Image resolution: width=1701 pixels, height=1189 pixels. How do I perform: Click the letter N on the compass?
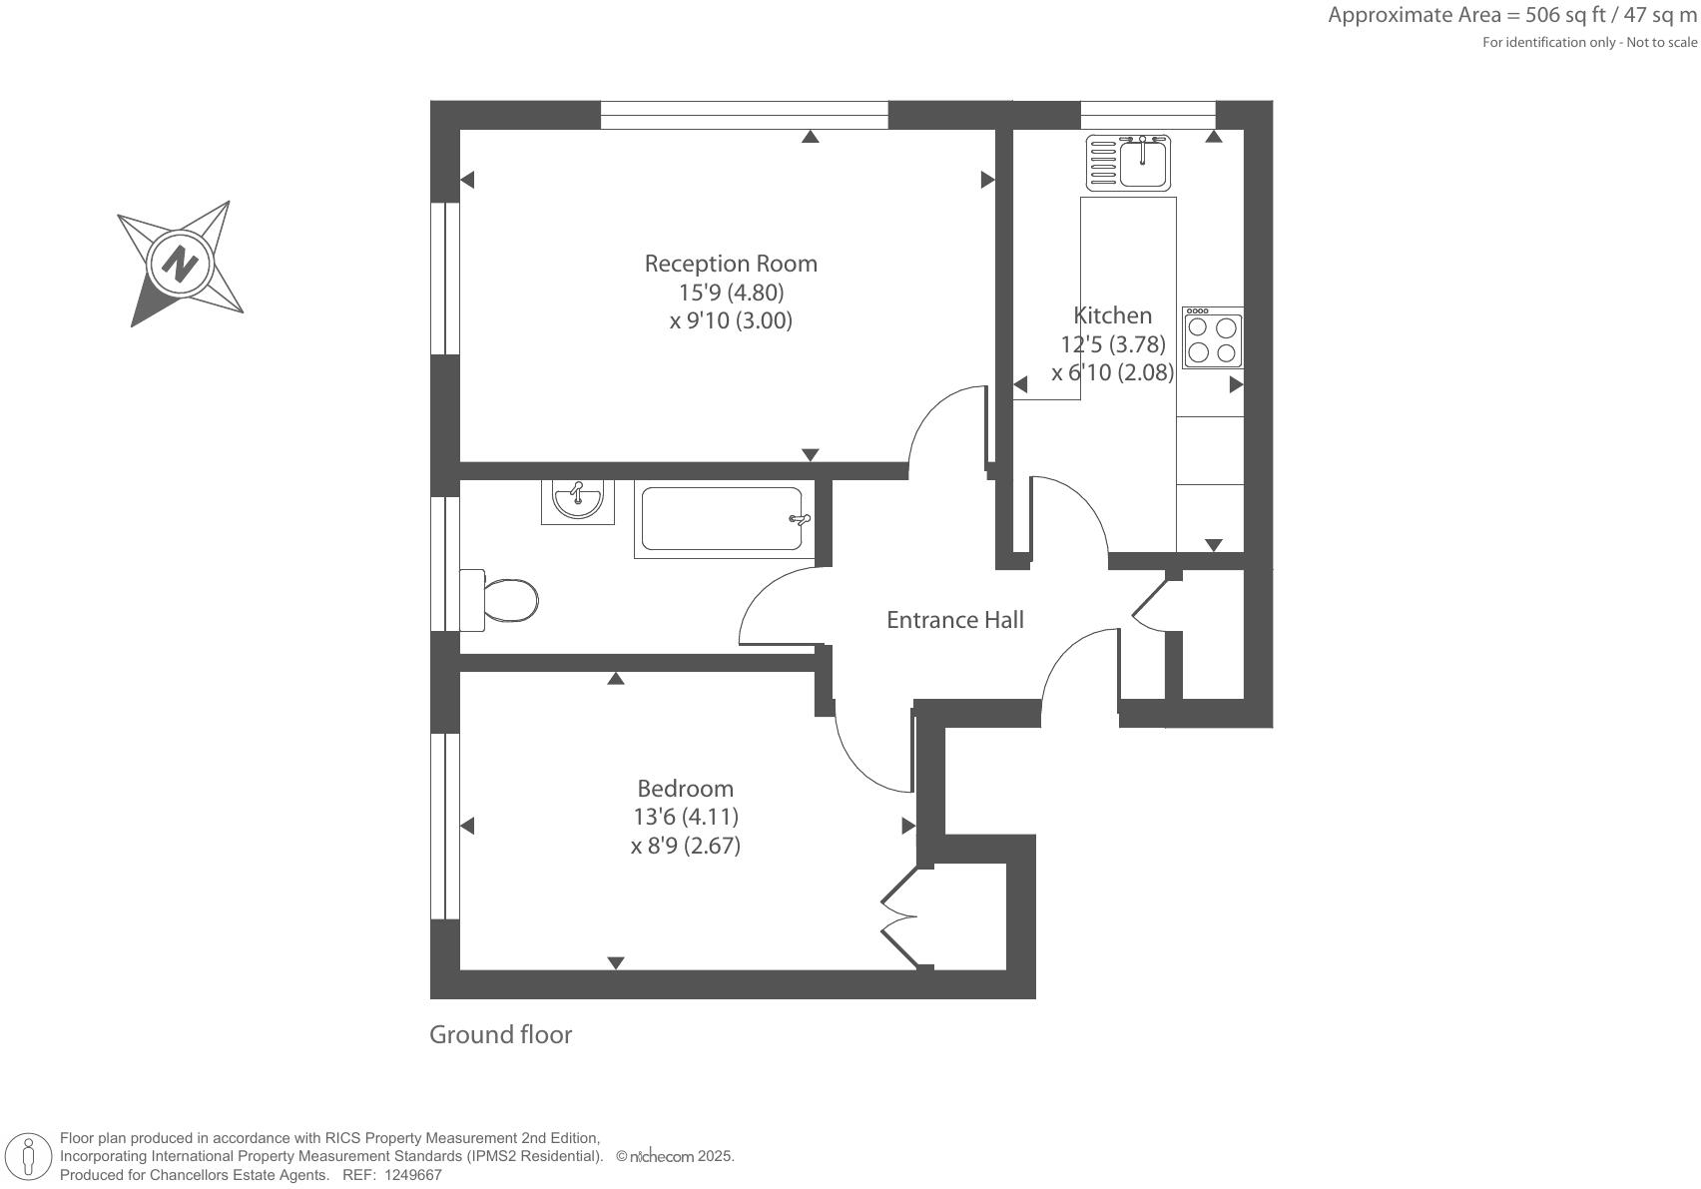(181, 265)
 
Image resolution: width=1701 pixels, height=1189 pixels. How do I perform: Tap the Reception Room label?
(731, 264)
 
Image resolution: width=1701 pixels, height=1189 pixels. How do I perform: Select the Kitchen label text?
(1112, 315)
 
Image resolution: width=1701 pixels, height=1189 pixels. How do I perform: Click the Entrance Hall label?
(955, 620)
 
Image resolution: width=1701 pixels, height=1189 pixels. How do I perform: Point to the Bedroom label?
(686, 789)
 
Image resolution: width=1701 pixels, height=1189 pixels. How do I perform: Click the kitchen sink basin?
(1143, 165)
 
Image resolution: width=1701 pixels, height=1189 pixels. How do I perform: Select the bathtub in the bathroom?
(722, 519)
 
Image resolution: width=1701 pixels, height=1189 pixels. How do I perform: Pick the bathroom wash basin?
(578, 499)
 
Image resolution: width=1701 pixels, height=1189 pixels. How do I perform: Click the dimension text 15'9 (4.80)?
(731, 293)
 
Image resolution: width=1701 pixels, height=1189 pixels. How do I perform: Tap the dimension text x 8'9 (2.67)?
(686, 847)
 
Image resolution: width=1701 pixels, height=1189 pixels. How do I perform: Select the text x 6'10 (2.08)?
(1112, 373)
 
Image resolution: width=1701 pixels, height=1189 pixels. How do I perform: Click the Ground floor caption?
(500, 1035)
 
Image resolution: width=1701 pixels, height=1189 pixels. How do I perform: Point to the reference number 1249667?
(412, 1175)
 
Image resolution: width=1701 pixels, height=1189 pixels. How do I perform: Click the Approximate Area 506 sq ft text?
(1511, 15)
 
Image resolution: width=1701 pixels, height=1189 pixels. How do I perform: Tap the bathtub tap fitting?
(800, 519)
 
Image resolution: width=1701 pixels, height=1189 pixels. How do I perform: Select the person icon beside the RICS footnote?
(29, 1157)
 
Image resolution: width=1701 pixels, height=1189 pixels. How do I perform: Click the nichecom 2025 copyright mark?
(675, 1157)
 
